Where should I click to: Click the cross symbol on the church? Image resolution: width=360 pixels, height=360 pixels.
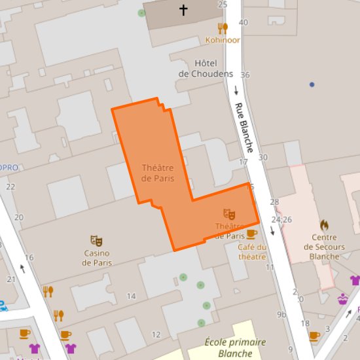[183, 10]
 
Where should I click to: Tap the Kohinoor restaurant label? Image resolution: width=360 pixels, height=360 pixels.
[223, 40]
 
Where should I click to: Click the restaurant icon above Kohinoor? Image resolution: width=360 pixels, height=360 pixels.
[223, 28]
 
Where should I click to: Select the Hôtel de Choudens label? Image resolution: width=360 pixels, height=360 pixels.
[206, 69]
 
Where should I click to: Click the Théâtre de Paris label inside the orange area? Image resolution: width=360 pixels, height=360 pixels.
[158, 173]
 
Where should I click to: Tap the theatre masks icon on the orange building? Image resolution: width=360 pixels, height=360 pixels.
[229, 213]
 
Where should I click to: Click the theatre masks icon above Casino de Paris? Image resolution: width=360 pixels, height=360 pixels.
[96, 241]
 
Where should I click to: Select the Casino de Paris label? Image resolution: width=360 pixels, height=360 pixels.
[97, 258]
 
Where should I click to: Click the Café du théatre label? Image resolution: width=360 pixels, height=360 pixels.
[252, 252]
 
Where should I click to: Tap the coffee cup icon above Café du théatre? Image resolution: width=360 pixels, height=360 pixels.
[252, 234]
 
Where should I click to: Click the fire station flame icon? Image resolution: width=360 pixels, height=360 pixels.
[324, 225]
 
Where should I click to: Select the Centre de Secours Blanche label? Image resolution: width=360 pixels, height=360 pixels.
[324, 247]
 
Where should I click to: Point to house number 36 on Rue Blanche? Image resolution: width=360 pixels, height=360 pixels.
[245, 75]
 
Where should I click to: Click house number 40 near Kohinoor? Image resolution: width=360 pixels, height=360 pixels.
[243, 22]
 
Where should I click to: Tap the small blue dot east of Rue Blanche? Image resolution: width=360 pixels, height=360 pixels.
[312, 84]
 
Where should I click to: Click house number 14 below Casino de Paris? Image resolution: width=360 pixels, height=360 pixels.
[132, 297]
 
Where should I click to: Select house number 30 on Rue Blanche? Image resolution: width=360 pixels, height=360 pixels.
[263, 157]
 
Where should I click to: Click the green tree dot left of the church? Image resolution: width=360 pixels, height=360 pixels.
[141, 12]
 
